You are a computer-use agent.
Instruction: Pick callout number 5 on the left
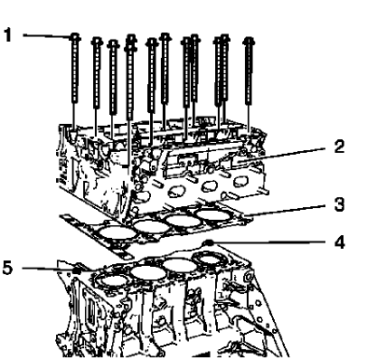[x=9, y=267]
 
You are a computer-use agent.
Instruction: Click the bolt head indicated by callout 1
[x=76, y=37]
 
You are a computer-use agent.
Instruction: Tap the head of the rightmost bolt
[x=247, y=41]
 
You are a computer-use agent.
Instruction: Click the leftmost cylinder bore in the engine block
[x=109, y=277]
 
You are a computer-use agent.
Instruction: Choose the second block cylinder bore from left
[x=144, y=270]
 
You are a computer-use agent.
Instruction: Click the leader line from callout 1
[x=45, y=35]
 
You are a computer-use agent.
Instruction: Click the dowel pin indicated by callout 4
[x=209, y=243]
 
